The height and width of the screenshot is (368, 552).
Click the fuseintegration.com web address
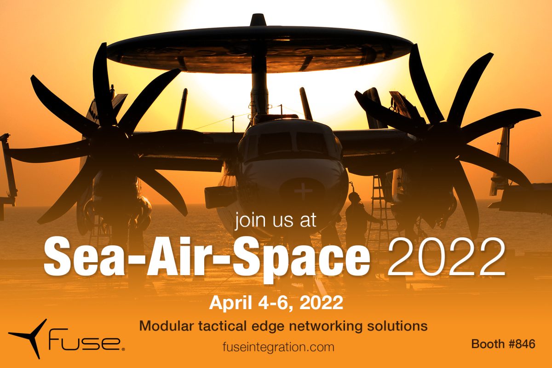[278, 347]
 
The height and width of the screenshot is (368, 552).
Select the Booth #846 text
[503, 344]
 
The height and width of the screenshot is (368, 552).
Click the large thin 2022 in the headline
[447, 257]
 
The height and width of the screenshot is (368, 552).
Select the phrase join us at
[275, 219]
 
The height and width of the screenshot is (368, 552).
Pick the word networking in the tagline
[326, 327]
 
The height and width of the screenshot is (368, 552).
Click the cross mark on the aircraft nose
[303, 190]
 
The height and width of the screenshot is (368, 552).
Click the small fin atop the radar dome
[258, 20]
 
